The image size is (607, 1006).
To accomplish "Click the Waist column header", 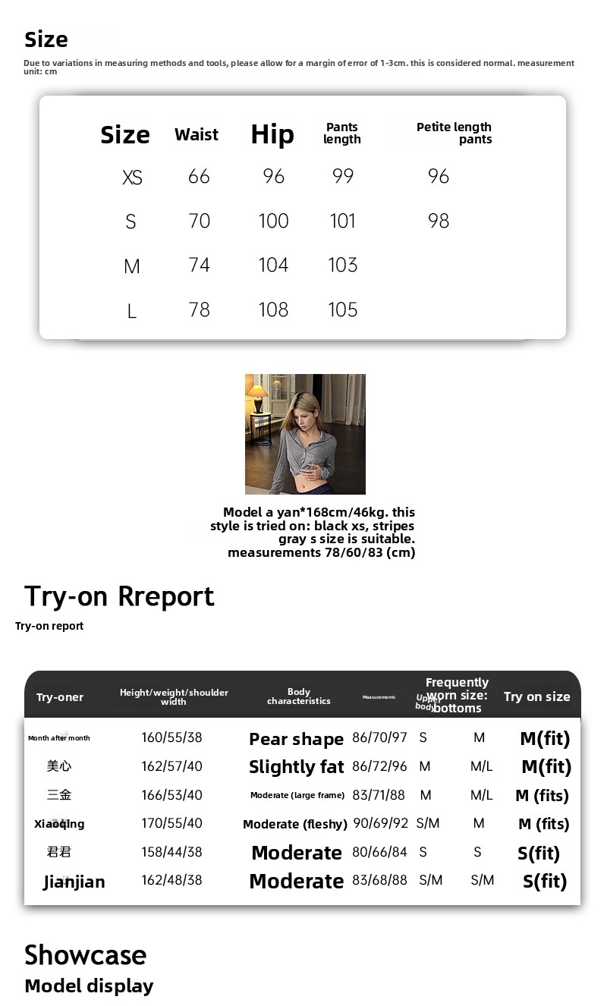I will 197,135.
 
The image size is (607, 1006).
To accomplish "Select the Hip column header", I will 272,135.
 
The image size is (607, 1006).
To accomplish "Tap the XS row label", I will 132,178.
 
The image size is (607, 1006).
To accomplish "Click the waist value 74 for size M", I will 199,265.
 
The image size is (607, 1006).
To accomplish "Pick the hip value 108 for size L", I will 273,310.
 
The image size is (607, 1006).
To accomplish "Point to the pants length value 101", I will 343,221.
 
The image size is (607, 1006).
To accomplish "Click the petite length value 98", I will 439,221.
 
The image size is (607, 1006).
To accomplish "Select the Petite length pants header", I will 454,133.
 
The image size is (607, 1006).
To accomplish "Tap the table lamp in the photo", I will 258,393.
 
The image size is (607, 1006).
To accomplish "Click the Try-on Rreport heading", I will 119,596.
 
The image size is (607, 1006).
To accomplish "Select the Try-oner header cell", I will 60,697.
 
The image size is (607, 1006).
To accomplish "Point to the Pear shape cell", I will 296,739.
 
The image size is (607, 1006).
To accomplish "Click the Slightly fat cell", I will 296,767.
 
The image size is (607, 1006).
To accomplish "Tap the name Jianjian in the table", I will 74,882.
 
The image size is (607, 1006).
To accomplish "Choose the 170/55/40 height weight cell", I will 171,823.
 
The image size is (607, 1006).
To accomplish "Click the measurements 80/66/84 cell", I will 379,852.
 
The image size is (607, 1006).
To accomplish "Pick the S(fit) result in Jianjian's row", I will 545,881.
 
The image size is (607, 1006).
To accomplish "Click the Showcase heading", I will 85,955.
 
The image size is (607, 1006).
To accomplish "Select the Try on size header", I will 536,696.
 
